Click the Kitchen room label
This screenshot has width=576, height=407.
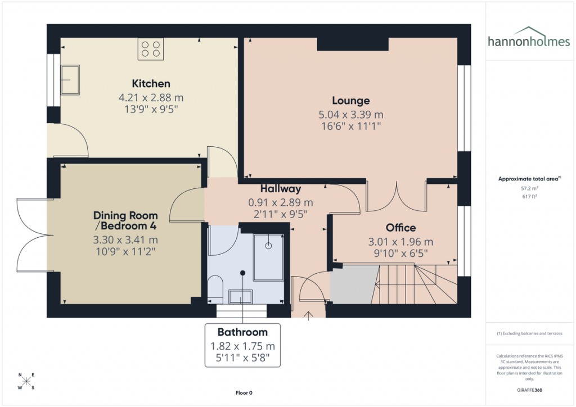tap(151, 84)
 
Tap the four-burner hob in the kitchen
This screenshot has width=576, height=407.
tap(150, 49)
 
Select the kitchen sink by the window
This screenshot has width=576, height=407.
tap(70, 80)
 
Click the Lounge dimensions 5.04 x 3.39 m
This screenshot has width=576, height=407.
tap(350, 115)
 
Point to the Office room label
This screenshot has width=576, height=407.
tap(400, 228)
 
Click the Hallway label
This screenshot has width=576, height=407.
tap(280, 189)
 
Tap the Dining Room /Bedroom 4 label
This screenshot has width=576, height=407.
tap(125, 220)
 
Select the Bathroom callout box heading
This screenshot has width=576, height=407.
tap(242, 332)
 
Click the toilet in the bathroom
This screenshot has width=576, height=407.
tap(215, 287)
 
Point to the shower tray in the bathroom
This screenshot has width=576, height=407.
tap(269, 257)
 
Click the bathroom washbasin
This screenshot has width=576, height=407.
tap(243, 296)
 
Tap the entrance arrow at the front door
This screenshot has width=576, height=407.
tap(308, 316)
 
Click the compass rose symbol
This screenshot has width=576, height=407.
tap(26, 381)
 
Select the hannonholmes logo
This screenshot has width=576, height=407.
tap(528, 37)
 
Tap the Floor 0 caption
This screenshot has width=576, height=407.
tap(244, 392)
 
